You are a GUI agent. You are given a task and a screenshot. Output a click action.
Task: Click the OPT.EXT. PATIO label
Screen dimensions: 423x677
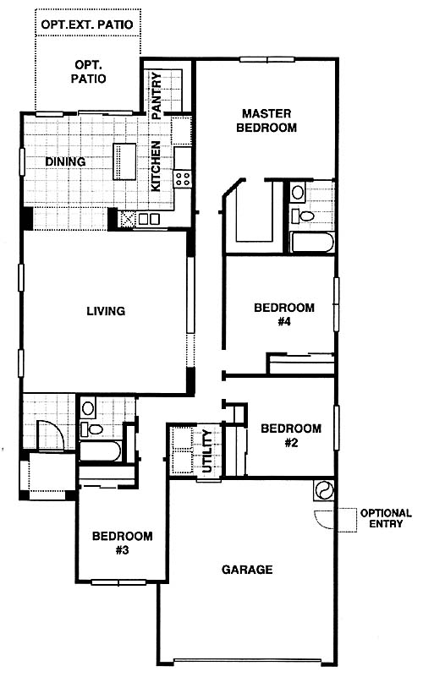coord(87,25)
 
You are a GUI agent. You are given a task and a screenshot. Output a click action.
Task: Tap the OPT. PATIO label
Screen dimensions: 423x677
coord(88,72)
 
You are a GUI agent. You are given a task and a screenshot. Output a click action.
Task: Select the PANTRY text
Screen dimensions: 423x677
coord(157,96)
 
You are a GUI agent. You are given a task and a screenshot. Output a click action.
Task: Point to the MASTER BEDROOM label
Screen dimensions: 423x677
coord(266,121)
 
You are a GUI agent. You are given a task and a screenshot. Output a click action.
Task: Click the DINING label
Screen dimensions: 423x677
coord(65,161)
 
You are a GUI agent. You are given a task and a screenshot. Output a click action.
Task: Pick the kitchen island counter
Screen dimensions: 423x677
coord(124,161)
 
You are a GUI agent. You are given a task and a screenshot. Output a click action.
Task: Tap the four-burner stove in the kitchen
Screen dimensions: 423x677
coord(183,178)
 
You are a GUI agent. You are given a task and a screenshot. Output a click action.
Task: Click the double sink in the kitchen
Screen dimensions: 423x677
coord(149,219)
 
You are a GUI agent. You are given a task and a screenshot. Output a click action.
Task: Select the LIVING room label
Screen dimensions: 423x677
coord(106,311)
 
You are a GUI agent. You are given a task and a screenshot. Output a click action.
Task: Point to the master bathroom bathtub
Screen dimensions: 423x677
coord(312,243)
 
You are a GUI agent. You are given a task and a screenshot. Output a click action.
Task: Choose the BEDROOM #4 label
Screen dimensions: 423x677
coord(284,314)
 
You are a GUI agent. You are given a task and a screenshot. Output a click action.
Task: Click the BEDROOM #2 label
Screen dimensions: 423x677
coord(291,435)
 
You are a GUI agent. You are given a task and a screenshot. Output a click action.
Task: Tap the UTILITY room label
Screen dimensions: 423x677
coord(208,451)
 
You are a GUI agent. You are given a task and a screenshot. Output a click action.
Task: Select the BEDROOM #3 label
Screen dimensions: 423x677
coord(123,543)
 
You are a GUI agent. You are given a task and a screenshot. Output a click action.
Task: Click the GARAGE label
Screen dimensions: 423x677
coord(247,570)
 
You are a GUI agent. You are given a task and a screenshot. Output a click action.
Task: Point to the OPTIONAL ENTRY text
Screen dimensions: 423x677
coord(386,518)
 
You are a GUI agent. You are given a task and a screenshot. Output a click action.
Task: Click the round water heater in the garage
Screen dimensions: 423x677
coord(324,491)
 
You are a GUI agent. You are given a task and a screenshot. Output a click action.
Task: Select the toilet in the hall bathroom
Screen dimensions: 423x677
coord(91,429)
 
